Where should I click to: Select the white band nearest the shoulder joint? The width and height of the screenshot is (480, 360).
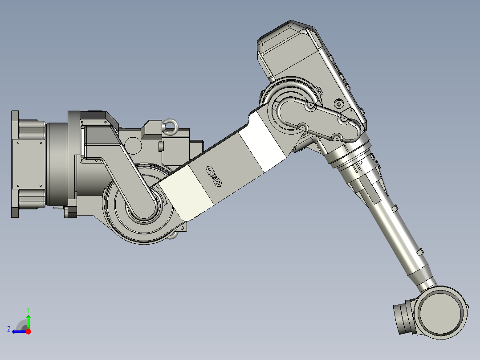pyautogui.click(x=188, y=193)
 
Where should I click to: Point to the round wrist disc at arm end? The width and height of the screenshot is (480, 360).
pyautogui.click(x=442, y=312)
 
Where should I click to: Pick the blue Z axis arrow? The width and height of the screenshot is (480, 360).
pyautogui.click(x=19, y=331)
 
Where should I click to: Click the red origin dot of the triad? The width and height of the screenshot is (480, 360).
pyautogui.click(x=28, y=331)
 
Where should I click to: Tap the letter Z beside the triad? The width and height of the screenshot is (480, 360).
pyautogui.click(x=9, y=329)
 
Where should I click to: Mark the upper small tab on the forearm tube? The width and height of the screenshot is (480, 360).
pyautogui.click(x=394, y=208)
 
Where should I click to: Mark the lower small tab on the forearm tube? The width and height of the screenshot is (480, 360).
pyautogui.click(x=419, y=252)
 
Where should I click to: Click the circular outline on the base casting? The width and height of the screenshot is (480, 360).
pyautogui.click(x=133, y=144)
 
